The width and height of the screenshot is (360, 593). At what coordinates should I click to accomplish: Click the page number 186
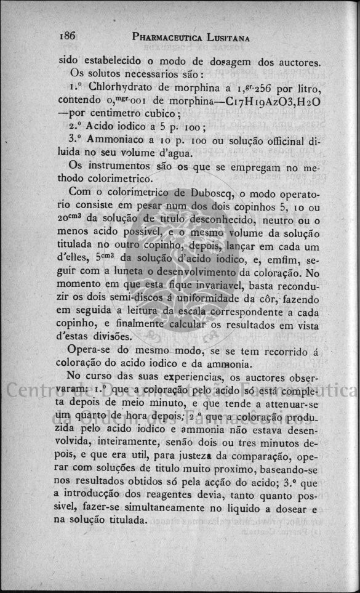(x=67, y=36)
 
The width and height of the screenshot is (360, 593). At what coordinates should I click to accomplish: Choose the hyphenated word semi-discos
(x=135, y=296)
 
